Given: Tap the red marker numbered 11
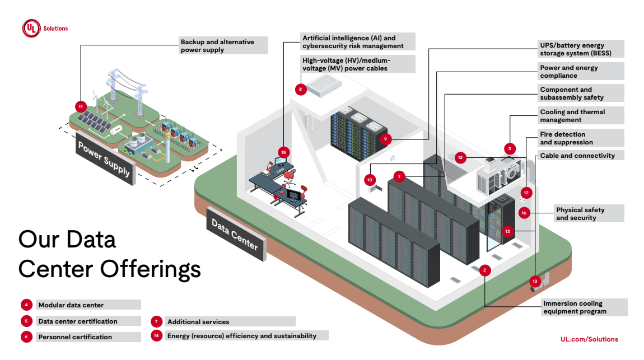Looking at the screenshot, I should click(81, 106).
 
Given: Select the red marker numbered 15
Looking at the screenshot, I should click(284, 152).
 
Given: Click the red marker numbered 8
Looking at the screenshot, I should click(301, 88).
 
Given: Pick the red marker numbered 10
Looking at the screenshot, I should click(370, 180).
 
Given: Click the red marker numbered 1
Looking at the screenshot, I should click(399, 176).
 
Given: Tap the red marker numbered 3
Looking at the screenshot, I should click(510, 148).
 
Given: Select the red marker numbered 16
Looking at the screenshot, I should click(524, 213).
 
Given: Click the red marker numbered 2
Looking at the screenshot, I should click(486, 270).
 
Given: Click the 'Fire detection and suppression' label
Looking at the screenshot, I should click(580, 138).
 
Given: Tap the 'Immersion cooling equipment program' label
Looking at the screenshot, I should click(584, 307).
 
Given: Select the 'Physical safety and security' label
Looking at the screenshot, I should click(587, 214).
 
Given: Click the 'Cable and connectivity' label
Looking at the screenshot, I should click(580, 156).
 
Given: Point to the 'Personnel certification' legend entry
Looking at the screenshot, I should click(75, 337).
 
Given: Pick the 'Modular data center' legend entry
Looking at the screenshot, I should click(71, 305).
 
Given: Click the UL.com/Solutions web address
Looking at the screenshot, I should click(589, 339).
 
